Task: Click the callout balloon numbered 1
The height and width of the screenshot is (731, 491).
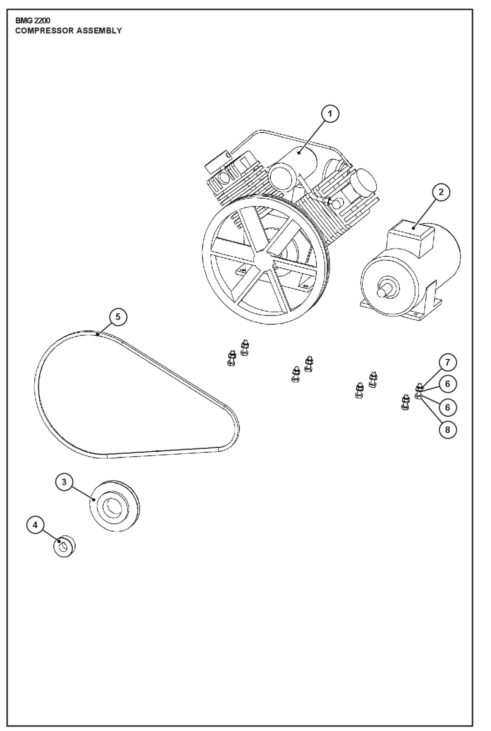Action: tap(330, 114)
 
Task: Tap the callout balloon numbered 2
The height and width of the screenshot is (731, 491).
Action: tap(441, 192)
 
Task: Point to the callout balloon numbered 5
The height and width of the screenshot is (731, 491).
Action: tap(118, 317)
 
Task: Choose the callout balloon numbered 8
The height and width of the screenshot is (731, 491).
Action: tap(447, 430)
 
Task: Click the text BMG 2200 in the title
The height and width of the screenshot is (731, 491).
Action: tap(33, 21)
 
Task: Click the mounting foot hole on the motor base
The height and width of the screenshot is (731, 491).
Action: tap(415, 313)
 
